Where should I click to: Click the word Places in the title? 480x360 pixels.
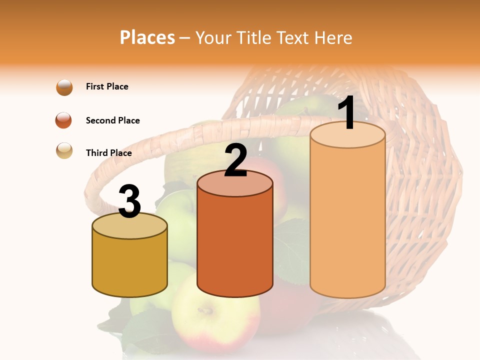(147, 37)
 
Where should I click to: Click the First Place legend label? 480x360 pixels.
(107, 86)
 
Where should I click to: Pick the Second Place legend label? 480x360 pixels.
(112, 120)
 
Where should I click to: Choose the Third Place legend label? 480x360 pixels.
(108, 153)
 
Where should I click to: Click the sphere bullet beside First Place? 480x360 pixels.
(64, 87)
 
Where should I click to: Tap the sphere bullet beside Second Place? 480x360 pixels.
(64, 120)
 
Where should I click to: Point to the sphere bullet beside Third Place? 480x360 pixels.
(64, 151)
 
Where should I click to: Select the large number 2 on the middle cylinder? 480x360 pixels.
(236, 160)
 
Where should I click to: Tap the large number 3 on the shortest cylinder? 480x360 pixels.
(130, 201)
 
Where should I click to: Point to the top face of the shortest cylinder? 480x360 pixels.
(130, 226)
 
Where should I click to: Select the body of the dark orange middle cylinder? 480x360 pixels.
(235, 240)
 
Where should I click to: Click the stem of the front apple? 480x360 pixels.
(205, 311)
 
